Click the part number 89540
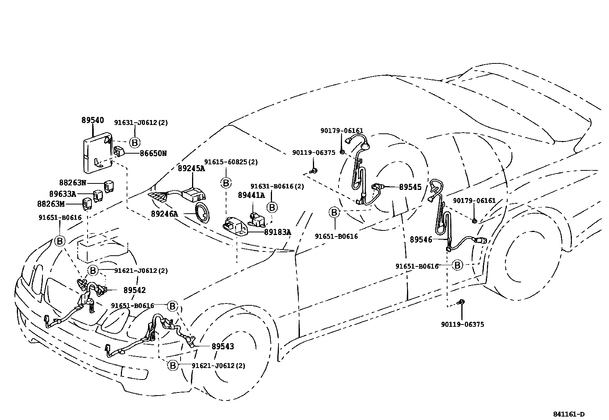[92, 120]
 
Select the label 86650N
[153, 154]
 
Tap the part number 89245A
[191, 169]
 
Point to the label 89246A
[164, 214]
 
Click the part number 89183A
[277, 232]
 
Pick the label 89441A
[251, 195]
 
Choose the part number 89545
[410, 187]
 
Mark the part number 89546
[421, 240]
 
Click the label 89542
[134, 290]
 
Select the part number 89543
[223, 346]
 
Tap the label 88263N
[73, 183]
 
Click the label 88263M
[51, 204]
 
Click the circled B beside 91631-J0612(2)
[134, 143]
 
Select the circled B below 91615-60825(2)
[226, 183]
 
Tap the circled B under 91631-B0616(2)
[272, 208]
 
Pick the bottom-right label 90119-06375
[462, 324]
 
